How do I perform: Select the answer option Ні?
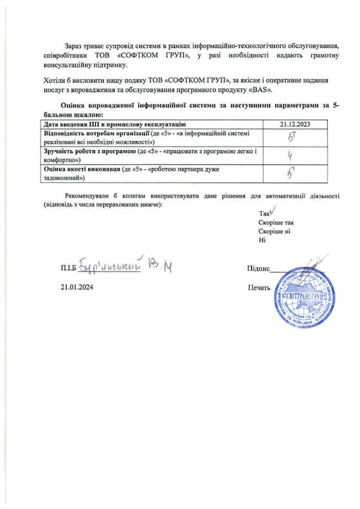(262, 240)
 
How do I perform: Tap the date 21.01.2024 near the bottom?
(77, 287)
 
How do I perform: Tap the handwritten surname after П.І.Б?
(110, 266)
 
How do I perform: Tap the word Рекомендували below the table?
(85, 196)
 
